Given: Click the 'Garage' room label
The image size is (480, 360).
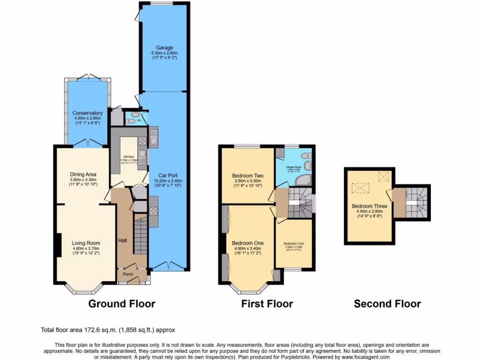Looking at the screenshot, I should click(165, 48).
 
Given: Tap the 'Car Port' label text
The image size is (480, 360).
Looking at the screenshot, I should click(166, 174).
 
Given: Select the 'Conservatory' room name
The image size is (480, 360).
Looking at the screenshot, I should click(87, 113).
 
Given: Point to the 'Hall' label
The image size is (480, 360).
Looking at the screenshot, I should click(122, 240).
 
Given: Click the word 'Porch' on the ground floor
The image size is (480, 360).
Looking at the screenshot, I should click(128, 274).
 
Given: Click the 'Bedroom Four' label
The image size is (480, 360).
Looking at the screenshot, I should click(293, 244).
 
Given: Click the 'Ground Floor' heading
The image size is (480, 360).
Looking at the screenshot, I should click(122, 304).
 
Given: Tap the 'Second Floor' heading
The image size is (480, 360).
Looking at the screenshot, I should click(387, 304).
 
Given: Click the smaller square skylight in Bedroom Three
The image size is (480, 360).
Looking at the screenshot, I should click(384, 176).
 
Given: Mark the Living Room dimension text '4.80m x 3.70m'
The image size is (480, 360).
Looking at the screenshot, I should click(86, 248).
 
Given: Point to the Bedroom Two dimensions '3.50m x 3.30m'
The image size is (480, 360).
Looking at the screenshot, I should click(247, 181).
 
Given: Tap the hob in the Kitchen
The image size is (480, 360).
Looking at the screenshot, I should click(153, 210).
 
